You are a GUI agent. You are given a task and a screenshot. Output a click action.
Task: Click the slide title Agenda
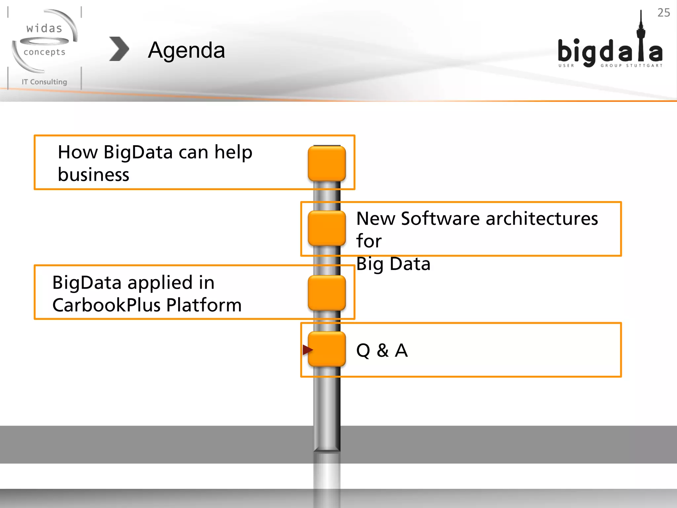pos(186,50)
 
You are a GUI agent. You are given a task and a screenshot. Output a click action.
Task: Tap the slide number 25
pos(663,13)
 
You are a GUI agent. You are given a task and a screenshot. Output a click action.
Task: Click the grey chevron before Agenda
pos(119,49)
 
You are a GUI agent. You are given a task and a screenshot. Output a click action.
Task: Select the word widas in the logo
pos(44,28)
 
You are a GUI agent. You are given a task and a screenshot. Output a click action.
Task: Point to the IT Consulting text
pos(44,82)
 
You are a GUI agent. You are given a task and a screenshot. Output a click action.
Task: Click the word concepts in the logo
pos(44,52)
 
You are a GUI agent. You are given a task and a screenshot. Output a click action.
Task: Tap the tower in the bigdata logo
pos(641,36)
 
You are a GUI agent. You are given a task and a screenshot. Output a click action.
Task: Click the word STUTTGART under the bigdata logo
pos(644,65)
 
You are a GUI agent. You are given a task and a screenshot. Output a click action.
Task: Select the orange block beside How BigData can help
pos(327,163)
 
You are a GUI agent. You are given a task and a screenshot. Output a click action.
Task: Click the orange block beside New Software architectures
pos(327,228)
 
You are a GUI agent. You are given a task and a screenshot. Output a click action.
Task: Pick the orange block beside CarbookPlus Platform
pos(327,293)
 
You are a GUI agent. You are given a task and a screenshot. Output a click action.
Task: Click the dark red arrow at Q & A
pos(307,349)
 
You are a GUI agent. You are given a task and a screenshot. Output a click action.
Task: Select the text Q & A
pos(382,350)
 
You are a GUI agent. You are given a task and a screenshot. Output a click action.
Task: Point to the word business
pos(94,175)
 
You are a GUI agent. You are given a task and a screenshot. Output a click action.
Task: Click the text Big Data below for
pos(393,264)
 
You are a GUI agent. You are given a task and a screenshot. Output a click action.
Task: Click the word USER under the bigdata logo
pos(566,65)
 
